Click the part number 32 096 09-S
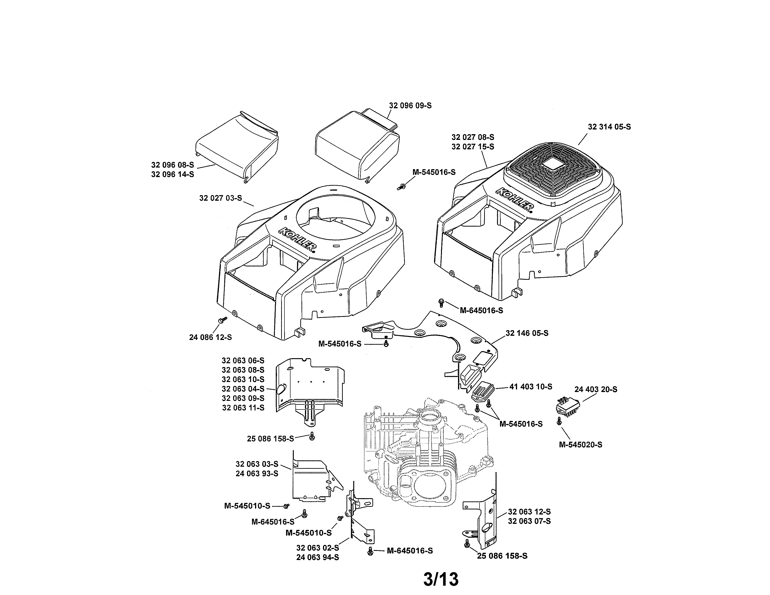click(x=410, y=105)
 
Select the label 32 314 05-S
click(x=609, y=127)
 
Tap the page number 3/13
click(x=441, y=579)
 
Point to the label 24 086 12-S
click(x=210, y=337)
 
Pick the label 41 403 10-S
click(x=531, y=387)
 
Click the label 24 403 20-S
click(x=596, y=389)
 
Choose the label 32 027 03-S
click(x=221, y=198)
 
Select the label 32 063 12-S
click(x=529, y=512)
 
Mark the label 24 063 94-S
click(x=317, y=557)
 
